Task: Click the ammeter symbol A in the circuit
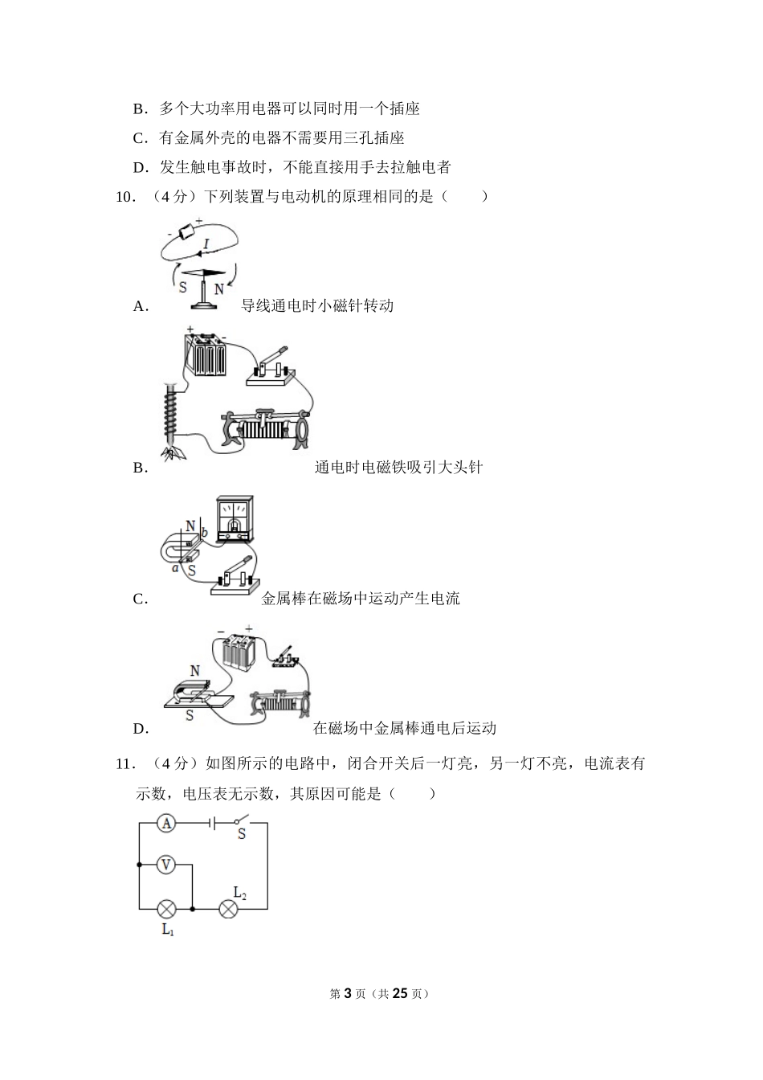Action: pyautogui.click(x=165, y=822)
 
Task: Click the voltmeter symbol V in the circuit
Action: pyautogui.click(x=165, y=865)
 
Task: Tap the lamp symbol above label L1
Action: pyautogui.click(x=166, y=909)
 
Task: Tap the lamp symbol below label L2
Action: pyautogui.click(x=229, y=909)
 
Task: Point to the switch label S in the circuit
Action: pyautogui.click(x=241, y=836)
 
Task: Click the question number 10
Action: pyautogui.click(x=124, y=197)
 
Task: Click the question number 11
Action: pyautogui.click(x=124, y=764)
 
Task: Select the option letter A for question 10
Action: pyautogui.click(x=140, y=306)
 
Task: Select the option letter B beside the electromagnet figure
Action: pyautogui.click(x=140, y=468)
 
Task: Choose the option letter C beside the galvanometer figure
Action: pyautogui.click(x=140, y=599)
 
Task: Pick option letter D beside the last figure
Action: pyautogui.click(x=140, y=729)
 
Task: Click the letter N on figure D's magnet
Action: pyautogui.click(x=194, y=670)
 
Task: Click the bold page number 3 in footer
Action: pyautogui.click(x=347, y=993)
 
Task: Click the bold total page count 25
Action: pyautogui.click(x=401, y=993)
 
